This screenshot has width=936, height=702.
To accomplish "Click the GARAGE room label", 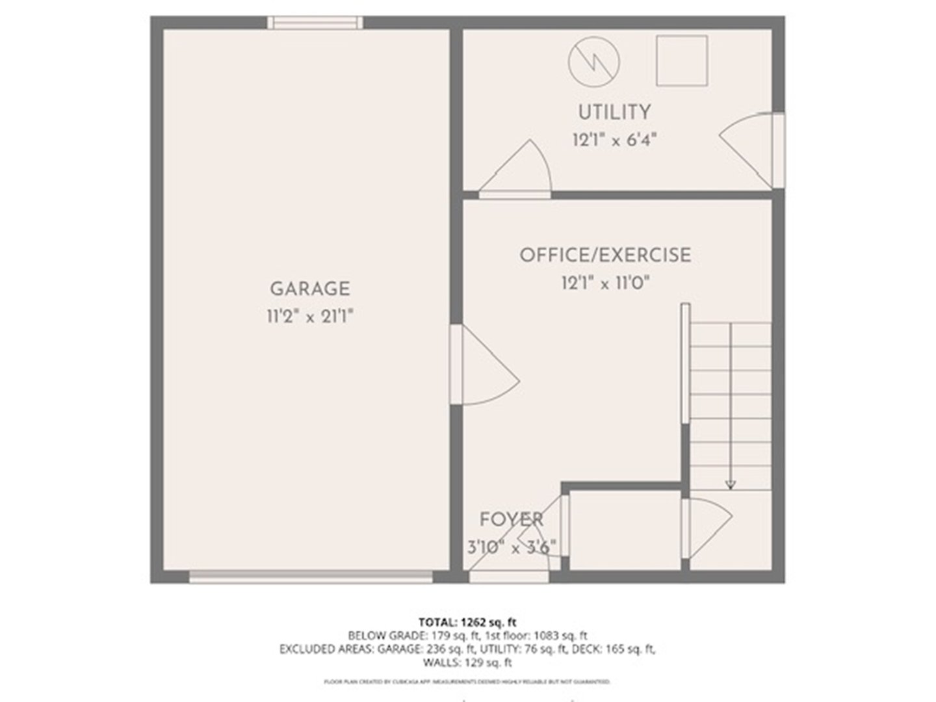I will click(309, 288).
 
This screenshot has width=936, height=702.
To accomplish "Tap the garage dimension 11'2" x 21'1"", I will click(309, 317).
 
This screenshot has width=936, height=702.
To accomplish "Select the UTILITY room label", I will click(614, 112).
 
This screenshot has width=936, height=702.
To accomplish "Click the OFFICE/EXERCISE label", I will click(604, 255).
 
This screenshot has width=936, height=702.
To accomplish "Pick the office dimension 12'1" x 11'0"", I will click(606, 283).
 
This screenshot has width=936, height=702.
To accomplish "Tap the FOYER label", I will click(511, 519).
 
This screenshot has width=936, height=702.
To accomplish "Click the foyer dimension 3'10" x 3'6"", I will click(512, 547).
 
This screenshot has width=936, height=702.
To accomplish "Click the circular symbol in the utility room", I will click(593, 62).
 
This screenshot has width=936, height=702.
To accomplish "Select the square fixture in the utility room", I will click(681, 60).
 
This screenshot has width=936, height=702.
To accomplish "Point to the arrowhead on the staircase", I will click(731, 484).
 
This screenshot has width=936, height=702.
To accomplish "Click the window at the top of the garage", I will click(315, 23).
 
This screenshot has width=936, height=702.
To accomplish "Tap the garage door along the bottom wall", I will click(311, 577).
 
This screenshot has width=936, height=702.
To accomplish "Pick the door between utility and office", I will click(517, 173).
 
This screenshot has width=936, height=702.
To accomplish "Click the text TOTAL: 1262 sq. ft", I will click(467, 622).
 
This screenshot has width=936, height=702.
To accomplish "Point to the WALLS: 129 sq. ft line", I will click(467, 663).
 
